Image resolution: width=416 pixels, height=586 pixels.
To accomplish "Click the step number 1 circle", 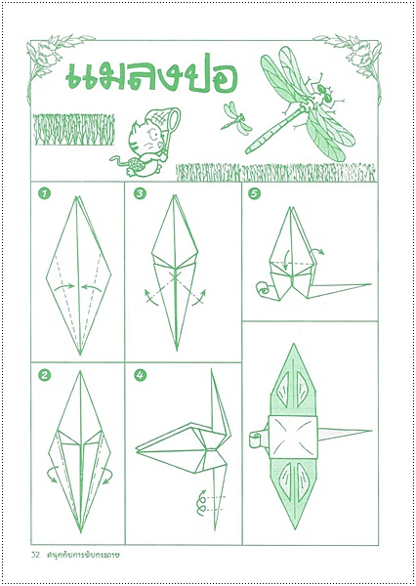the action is (x=45, y=193).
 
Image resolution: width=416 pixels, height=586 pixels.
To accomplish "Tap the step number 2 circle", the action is (x=45, y=376).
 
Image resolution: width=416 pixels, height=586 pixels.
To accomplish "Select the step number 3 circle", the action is (x=140, y=193).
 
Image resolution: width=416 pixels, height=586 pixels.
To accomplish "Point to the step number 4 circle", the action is (x=140, y=376).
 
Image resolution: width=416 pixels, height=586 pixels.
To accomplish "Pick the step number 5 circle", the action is (x=254, y=193).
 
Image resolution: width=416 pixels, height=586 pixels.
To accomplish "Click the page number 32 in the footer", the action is (x=35, y=554).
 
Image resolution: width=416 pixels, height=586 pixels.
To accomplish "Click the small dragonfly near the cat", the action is (x=235, y=119).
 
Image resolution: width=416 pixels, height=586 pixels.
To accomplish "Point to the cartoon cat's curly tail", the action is (x=119, y=160).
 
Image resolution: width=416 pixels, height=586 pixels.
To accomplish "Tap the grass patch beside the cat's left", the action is (x=73, y=129).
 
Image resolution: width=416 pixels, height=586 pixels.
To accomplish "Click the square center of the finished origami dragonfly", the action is (x=293, y=438).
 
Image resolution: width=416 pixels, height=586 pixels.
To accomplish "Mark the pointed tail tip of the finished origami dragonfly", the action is (x=371, y=431).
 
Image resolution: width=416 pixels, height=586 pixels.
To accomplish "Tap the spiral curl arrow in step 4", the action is (x=202, y=503).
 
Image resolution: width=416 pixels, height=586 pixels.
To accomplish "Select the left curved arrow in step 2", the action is (x=52, y=475).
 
